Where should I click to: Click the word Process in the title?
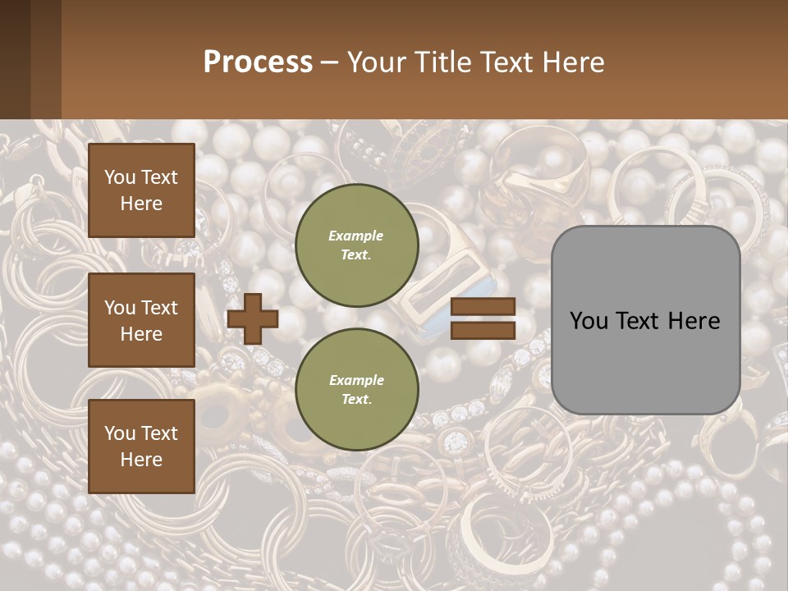point(258,62)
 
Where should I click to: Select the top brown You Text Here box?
point(141,190)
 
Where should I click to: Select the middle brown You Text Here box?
point(141,320)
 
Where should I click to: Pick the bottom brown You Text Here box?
point(141,447)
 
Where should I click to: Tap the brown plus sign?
point(253,318)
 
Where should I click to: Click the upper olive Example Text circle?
point(356,245)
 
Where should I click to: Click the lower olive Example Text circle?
point(356,389)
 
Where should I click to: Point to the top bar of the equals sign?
point(483,306)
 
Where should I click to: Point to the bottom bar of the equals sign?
point(483,330)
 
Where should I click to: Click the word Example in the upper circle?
point(356,236)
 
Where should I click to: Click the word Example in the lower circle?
point(356,380)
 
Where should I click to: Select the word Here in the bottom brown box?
point(141,460)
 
